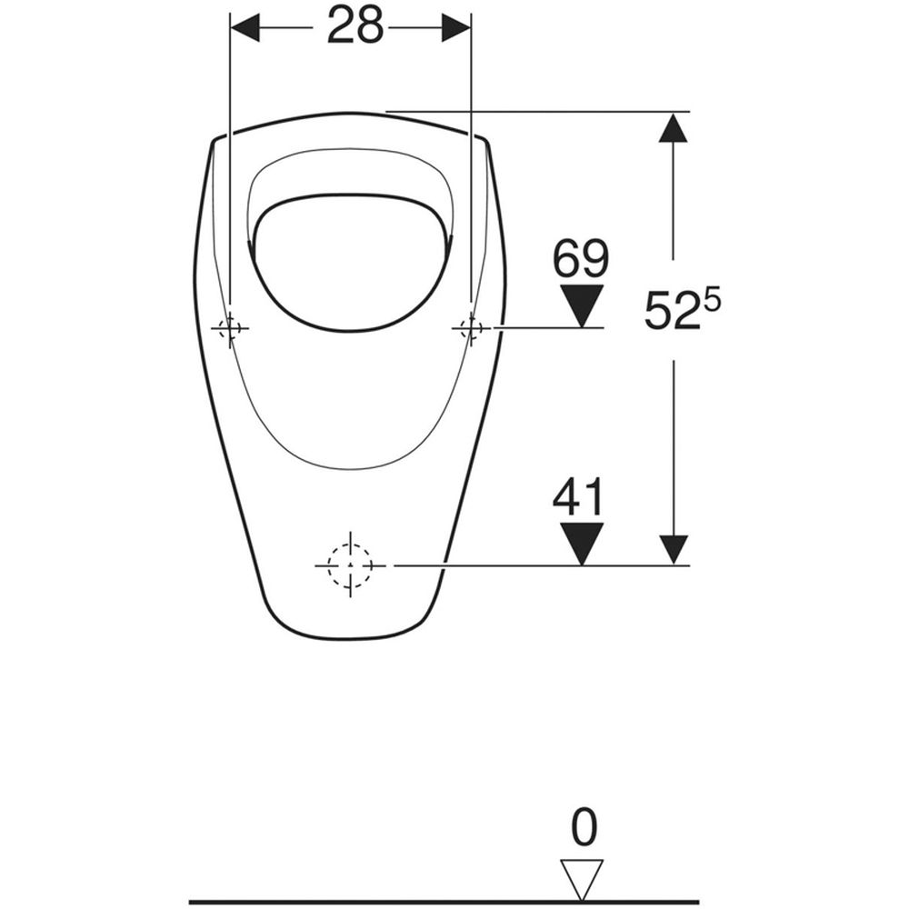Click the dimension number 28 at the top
pyautogui.click(x=355, y=26)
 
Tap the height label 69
pyautogui.click(x=581, y=258)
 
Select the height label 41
pyautogui.click(x=578, y=497)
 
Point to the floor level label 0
pyautogui.click(x=584, y=827)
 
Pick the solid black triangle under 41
pyautogui.click(x=582, y=544)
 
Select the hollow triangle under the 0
pyautogui.click(x=582, y=879)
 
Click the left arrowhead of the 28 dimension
pyautogui.click(x=245, y=27)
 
